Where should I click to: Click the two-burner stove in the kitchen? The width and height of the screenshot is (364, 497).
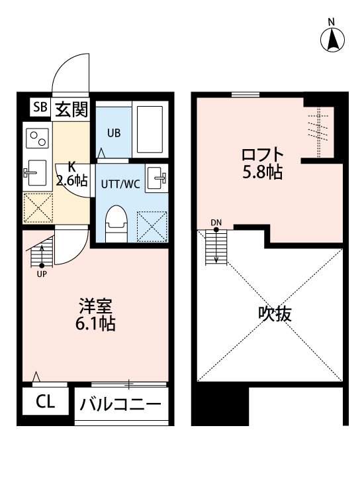tap(36, 138)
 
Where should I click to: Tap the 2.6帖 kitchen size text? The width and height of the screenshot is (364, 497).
tap(71, 180)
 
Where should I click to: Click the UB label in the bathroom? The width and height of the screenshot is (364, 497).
tap(114, 133)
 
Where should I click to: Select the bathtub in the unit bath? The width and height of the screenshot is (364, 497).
tap(151, 129)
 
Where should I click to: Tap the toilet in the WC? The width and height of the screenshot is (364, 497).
tap(116, 224)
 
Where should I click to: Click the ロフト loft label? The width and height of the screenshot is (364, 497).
tap(262, 155)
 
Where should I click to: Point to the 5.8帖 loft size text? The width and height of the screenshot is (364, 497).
tap(262, 173)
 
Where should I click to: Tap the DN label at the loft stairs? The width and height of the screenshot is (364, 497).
tap(216, 223)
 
